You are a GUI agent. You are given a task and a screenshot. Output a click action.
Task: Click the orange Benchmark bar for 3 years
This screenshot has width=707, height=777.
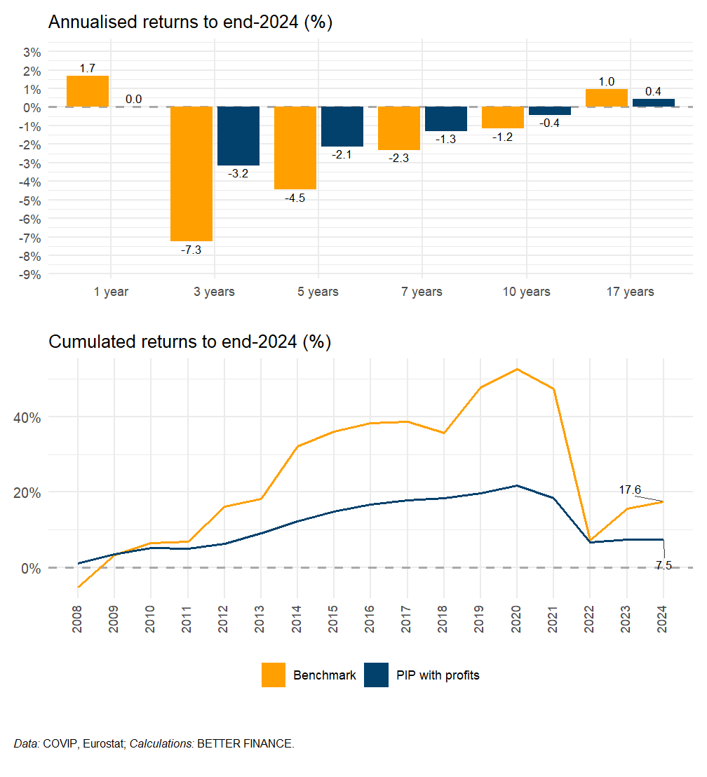click(x=191, y=173)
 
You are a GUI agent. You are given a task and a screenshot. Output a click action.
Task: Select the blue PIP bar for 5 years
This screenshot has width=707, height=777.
click(x=342, y=126)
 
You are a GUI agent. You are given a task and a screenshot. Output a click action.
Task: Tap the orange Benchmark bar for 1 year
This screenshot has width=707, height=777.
click(x=88, y=91)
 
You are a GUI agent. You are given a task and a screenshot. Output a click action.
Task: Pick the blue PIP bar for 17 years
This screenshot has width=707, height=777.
click(x=654, y=103)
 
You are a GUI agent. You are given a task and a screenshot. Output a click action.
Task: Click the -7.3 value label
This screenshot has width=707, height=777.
click(x=191, y=250)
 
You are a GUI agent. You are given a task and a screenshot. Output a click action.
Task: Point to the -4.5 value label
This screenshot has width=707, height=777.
click(x=295, y=198)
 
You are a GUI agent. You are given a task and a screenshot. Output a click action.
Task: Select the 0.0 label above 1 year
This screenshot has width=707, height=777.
click(x=133, y=100)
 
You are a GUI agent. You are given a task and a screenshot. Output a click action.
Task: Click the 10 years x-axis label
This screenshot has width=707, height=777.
click(x=526, y=292)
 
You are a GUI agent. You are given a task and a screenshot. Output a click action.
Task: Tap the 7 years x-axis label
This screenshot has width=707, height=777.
click(x=422, y=292)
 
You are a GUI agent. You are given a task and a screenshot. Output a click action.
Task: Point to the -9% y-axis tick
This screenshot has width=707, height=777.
click(x=32, y=274)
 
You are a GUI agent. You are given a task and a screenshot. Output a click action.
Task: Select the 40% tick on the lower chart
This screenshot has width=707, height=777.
click(x=29, y=417)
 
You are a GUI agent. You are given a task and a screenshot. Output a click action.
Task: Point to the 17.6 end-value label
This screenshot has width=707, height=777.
click(x=630, y=490)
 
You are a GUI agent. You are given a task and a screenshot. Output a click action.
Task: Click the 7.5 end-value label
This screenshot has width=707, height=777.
click(x=663, y=565)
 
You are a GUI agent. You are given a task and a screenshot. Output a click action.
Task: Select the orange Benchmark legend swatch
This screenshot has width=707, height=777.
click(x=274, y=675)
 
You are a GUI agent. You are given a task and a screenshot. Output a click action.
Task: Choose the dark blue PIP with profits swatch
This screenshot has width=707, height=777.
click(x=377, y=675)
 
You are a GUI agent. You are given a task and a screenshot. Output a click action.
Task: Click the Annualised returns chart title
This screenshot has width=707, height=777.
click(x=190, y=22)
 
